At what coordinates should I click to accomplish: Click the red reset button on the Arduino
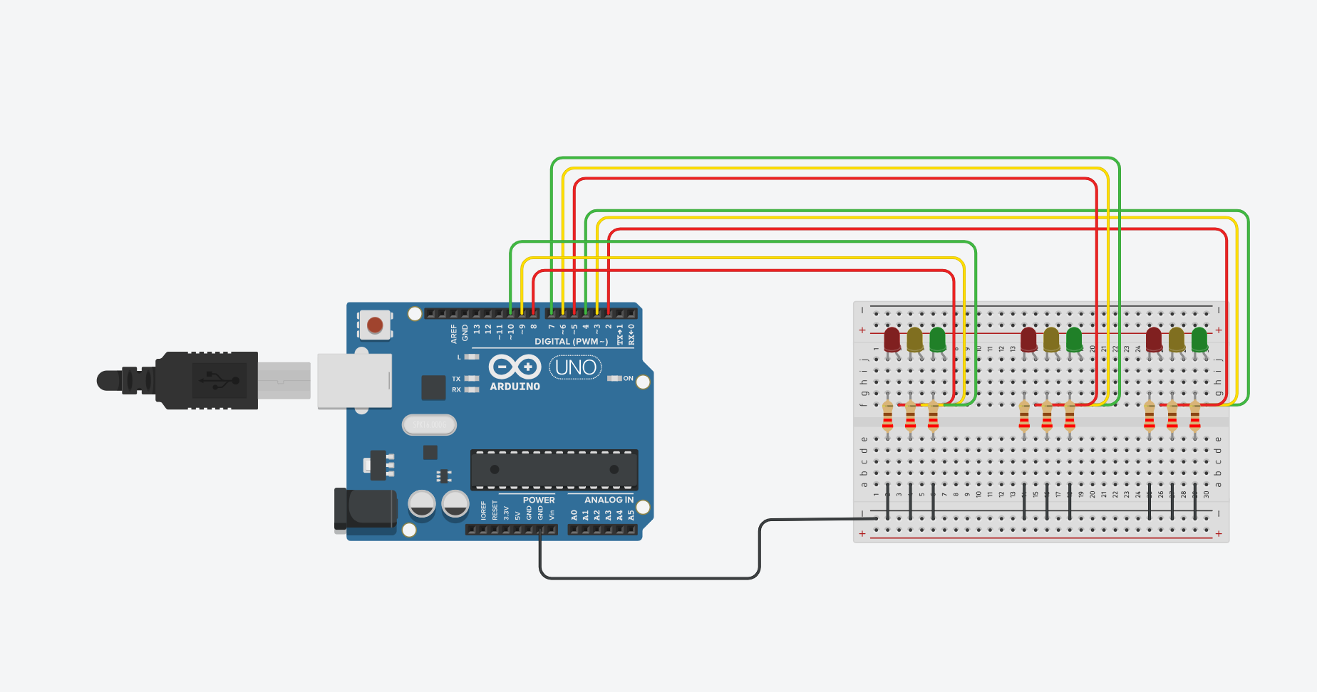(x=375, y=326)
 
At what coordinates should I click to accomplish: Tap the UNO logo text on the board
(x=575, y=367)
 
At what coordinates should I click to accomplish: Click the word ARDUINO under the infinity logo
(x=515, y=387)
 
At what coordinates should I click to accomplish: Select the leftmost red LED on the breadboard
(x=892, y=339)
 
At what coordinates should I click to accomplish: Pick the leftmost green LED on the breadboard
(x=937, y=339)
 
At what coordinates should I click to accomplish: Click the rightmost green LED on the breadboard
(x=1199, y=339)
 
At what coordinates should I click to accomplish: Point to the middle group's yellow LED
(x=1051, y=339)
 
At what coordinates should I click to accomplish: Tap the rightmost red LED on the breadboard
(x=1154, y=339)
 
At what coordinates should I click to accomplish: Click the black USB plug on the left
(x=207, y=380)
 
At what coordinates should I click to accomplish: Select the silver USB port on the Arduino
(x=354, y=381)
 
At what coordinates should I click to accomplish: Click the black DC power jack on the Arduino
(x=365, y=510)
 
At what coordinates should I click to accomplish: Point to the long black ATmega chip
(x=554, y=469)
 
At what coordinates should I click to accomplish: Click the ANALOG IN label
(x=609, y=500)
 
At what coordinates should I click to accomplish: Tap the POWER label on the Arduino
(x=538, y=500)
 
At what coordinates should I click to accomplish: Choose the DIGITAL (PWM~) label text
(x=571, y=342)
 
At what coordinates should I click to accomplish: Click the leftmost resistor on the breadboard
(x=887, y=417)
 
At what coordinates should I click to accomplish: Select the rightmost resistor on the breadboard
(x=1195, y=417)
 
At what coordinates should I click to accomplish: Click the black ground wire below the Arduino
(x=649, y=578)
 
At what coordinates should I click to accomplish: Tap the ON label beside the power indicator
(x=628, y=379)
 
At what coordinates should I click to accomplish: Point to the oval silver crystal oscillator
(x=429, y=425)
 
